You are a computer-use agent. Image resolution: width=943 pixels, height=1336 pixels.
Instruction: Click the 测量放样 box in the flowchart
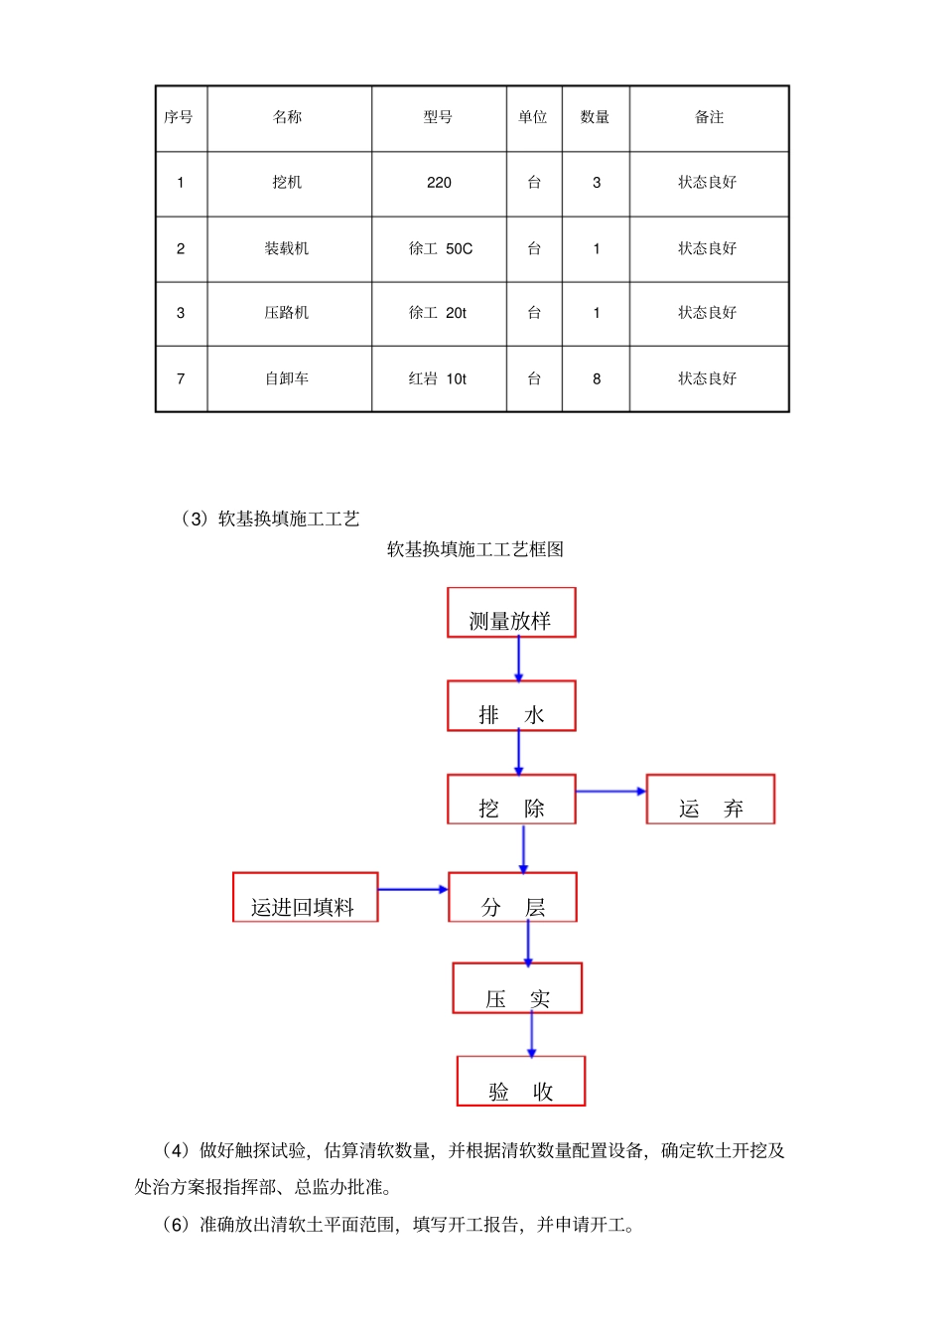click(511, 613)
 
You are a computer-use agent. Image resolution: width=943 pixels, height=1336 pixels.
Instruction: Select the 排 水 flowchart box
click(511, 706)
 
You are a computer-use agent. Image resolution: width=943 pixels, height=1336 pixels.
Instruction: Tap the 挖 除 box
click(511, 800)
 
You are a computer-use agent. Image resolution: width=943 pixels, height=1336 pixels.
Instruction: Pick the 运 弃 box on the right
click(711, 800)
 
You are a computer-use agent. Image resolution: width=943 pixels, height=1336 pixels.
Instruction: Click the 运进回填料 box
click(305, 898)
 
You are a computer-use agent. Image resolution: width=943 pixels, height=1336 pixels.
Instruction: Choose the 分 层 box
click(512, 898)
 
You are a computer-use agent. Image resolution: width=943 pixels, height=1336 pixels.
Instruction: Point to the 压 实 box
click(517, 988)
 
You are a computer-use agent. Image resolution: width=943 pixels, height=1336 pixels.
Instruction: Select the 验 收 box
click(521, 1082)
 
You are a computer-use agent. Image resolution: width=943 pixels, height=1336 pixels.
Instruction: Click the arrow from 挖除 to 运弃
click(610, 792)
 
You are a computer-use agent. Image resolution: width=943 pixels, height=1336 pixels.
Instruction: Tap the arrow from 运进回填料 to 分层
click(413, 889)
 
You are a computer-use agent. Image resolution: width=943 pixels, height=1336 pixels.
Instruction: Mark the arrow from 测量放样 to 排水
click(518, 659)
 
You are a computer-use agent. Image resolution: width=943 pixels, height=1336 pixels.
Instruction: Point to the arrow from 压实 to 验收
click(531, 1035)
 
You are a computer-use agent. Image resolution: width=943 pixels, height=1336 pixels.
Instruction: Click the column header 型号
click(438, 117)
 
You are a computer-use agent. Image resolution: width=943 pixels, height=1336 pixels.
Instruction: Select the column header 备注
click(709, 117)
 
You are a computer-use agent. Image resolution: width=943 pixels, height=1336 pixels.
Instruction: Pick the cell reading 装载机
click(287, 248)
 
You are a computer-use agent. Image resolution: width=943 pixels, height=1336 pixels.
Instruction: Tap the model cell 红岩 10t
click(438, 378)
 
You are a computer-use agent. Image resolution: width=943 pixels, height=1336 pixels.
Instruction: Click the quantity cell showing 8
click(597, 378)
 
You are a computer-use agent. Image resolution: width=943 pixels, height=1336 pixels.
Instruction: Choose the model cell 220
click(439, 183)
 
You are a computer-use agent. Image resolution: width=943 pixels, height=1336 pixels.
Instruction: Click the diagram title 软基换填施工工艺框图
click(475, 549)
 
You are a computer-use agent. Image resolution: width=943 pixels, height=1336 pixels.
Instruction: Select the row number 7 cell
click(181, 378)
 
